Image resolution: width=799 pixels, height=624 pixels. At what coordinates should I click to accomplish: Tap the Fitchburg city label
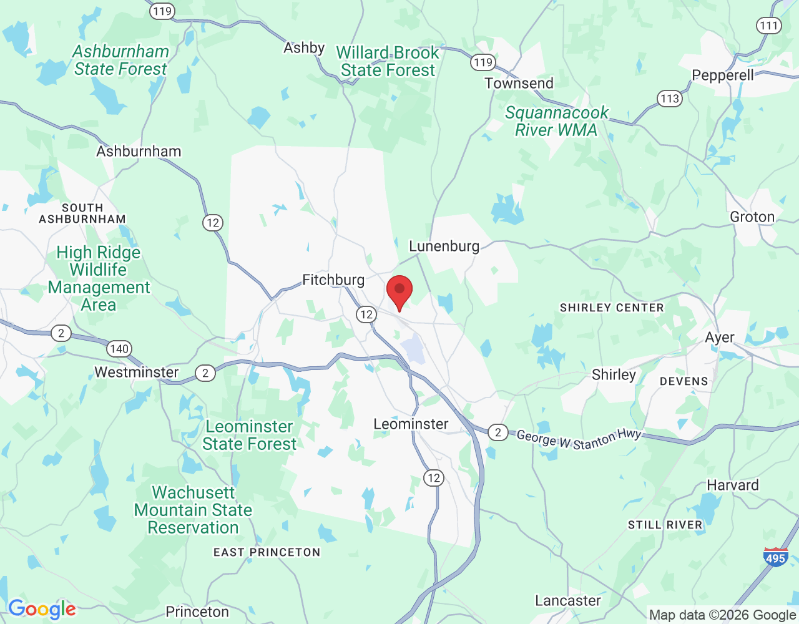click(333, 280)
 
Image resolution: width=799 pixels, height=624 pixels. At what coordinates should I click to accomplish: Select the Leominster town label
click(411, 424)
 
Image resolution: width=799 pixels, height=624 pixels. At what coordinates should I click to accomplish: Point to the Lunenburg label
click(444, 246)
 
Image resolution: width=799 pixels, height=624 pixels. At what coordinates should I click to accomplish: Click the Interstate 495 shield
click(775, 557)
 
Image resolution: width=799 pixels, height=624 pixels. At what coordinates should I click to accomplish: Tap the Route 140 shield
click(119, 349)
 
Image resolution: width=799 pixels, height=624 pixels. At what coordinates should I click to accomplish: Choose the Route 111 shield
click(768, 26)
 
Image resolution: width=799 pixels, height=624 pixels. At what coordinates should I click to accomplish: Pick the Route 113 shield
click(670, 98)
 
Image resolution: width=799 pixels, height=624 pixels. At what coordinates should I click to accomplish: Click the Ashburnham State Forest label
click(121, 61)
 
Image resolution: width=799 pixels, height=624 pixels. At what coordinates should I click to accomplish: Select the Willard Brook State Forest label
click(388, 62)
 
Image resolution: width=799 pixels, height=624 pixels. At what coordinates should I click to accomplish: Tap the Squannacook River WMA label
click(556, 122)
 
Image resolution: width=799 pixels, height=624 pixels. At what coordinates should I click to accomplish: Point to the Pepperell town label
click(723, 76)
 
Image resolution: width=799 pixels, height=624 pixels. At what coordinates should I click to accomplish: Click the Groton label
click(752, 217)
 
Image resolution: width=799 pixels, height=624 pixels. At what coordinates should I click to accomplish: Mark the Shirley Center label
click(612, 308)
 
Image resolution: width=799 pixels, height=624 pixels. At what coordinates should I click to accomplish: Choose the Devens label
click(684, 381)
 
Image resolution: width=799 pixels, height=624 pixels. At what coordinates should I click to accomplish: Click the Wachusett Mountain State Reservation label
click(193, 510)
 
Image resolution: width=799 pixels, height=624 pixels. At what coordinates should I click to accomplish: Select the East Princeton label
click(267, 552)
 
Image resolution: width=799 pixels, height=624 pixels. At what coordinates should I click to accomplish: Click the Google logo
click(42, 609)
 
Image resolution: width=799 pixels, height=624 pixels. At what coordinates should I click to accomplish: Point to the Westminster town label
click(137, 373)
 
